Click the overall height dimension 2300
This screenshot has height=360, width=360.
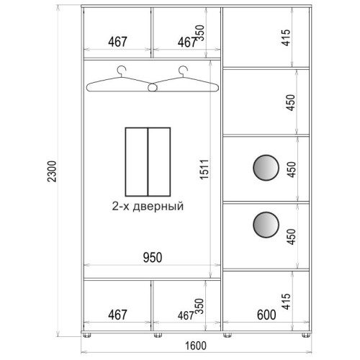[52, 171]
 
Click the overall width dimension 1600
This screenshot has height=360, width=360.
[196, 346]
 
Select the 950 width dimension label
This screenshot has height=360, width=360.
[153, 257]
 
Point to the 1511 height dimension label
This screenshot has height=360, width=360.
[204, 169]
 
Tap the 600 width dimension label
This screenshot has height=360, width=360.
[266, 315]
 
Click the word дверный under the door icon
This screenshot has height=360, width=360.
[158, 207]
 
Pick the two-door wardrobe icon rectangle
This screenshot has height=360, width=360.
[148, 162]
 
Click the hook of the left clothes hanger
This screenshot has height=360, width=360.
[122, 71]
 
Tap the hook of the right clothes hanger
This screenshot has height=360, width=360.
[183, 71]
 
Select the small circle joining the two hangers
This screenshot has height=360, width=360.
[153, 88]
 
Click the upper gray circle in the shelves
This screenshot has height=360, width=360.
[266, 168]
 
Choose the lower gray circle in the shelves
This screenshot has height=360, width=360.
[266, 225]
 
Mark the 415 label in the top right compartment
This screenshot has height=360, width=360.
[286, 37]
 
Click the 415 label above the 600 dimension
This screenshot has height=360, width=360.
[286, 301]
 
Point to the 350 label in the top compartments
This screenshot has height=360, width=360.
[199, 33]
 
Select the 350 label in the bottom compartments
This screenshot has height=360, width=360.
[199, 306]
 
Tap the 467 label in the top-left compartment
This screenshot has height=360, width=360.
[117, 42]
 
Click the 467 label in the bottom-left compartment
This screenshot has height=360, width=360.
[117, 315]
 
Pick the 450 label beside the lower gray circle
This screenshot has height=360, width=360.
[291, 237]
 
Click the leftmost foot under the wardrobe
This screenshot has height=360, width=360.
[87, 335]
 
